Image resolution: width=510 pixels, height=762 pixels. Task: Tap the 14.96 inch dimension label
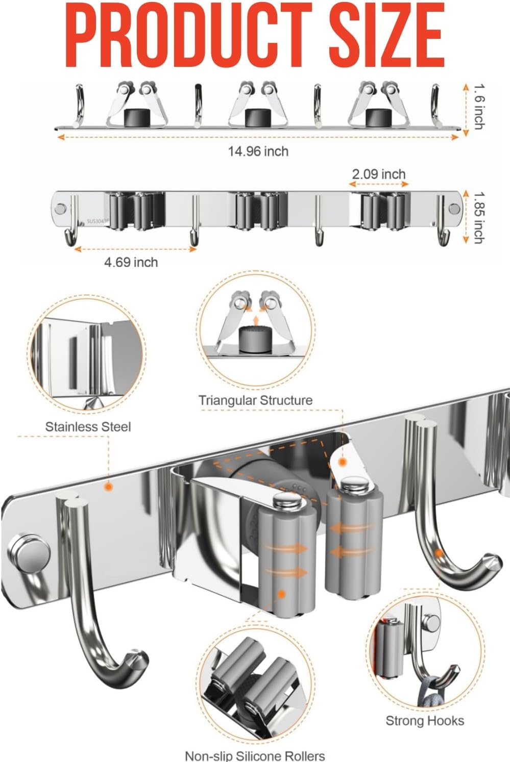pos(258,151)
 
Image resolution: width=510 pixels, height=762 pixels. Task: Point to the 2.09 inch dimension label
pos(378,174)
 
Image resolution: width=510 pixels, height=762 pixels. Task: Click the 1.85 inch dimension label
pos(478,217)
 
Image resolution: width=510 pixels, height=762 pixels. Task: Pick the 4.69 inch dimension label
pos(131,262)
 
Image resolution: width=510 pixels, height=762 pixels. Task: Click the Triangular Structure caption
pos(255,400)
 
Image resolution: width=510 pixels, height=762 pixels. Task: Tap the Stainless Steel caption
pos(88,427)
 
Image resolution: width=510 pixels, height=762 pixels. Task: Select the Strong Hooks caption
pos(425,721)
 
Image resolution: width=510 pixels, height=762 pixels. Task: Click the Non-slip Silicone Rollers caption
pos(255,755)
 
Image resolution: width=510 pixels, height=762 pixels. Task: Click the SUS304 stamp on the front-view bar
pos(95,221)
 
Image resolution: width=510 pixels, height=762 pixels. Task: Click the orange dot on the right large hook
pos(439,553)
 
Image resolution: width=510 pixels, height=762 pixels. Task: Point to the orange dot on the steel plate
pos(108,487)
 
